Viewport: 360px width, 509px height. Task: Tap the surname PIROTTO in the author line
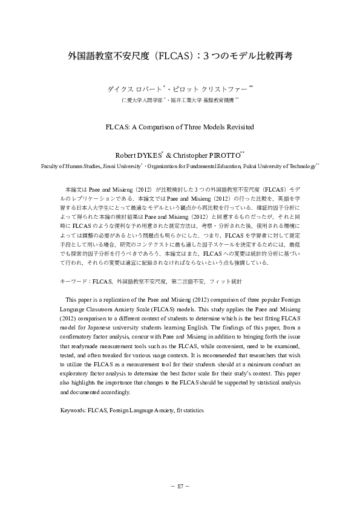coord(225,154)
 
